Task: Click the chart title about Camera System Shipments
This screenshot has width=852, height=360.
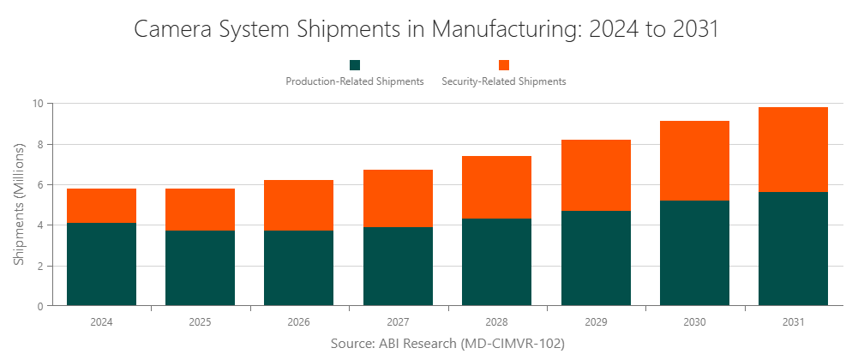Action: (426, 28)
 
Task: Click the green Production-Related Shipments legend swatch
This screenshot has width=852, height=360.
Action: (355, 65)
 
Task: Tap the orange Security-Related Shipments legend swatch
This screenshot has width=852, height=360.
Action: (504, 65)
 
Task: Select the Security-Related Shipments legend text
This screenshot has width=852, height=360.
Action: (504, 81)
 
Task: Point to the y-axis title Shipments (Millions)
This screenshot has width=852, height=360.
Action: (18, 204)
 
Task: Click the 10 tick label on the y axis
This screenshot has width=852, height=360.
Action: (38, 104)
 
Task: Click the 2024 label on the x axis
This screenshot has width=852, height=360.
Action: (101, 322)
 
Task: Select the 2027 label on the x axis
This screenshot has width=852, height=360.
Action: (398, 322)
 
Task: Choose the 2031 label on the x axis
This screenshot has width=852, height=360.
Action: (793, 322)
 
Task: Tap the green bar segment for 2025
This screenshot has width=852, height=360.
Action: (200, 267)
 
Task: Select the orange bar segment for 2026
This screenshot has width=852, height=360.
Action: (298, 206)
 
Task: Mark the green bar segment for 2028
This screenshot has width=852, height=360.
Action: (496, 262)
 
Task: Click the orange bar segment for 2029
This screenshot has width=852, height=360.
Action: (596, 176)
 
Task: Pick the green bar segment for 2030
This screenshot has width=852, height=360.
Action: (694, 253)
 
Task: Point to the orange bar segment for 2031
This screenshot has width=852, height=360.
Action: (793, 150)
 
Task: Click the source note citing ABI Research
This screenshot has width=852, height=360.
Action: (447, 344)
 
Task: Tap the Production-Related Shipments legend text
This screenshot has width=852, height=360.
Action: (355, 81)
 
